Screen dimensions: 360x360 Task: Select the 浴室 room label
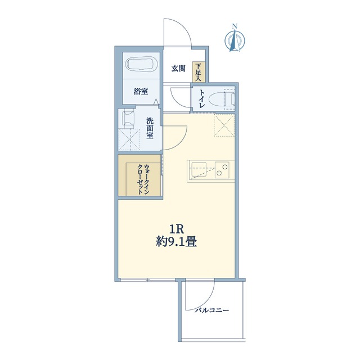[x=141, y=92]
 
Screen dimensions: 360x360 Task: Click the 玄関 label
[x=178, y=69]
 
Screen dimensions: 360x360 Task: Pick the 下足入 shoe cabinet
[x=199, y=72]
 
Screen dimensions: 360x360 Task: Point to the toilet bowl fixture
[x=222, y=99]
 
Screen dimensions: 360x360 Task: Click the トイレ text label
[x=202, y=99]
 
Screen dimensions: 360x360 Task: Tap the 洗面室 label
[x=150, y=128]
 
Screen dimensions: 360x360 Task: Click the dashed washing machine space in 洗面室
[x=129, y=139]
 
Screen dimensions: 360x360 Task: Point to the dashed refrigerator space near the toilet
[x=224, y=125]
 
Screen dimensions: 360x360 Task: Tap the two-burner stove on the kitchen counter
[x=222, y=170]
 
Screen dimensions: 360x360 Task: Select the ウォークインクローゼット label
[x=143, y=179]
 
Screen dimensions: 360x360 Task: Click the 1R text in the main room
[x=176, y=229]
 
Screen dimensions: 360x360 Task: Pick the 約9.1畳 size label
[x=176, y=241]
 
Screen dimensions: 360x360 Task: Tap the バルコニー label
[x=212, y=310]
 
